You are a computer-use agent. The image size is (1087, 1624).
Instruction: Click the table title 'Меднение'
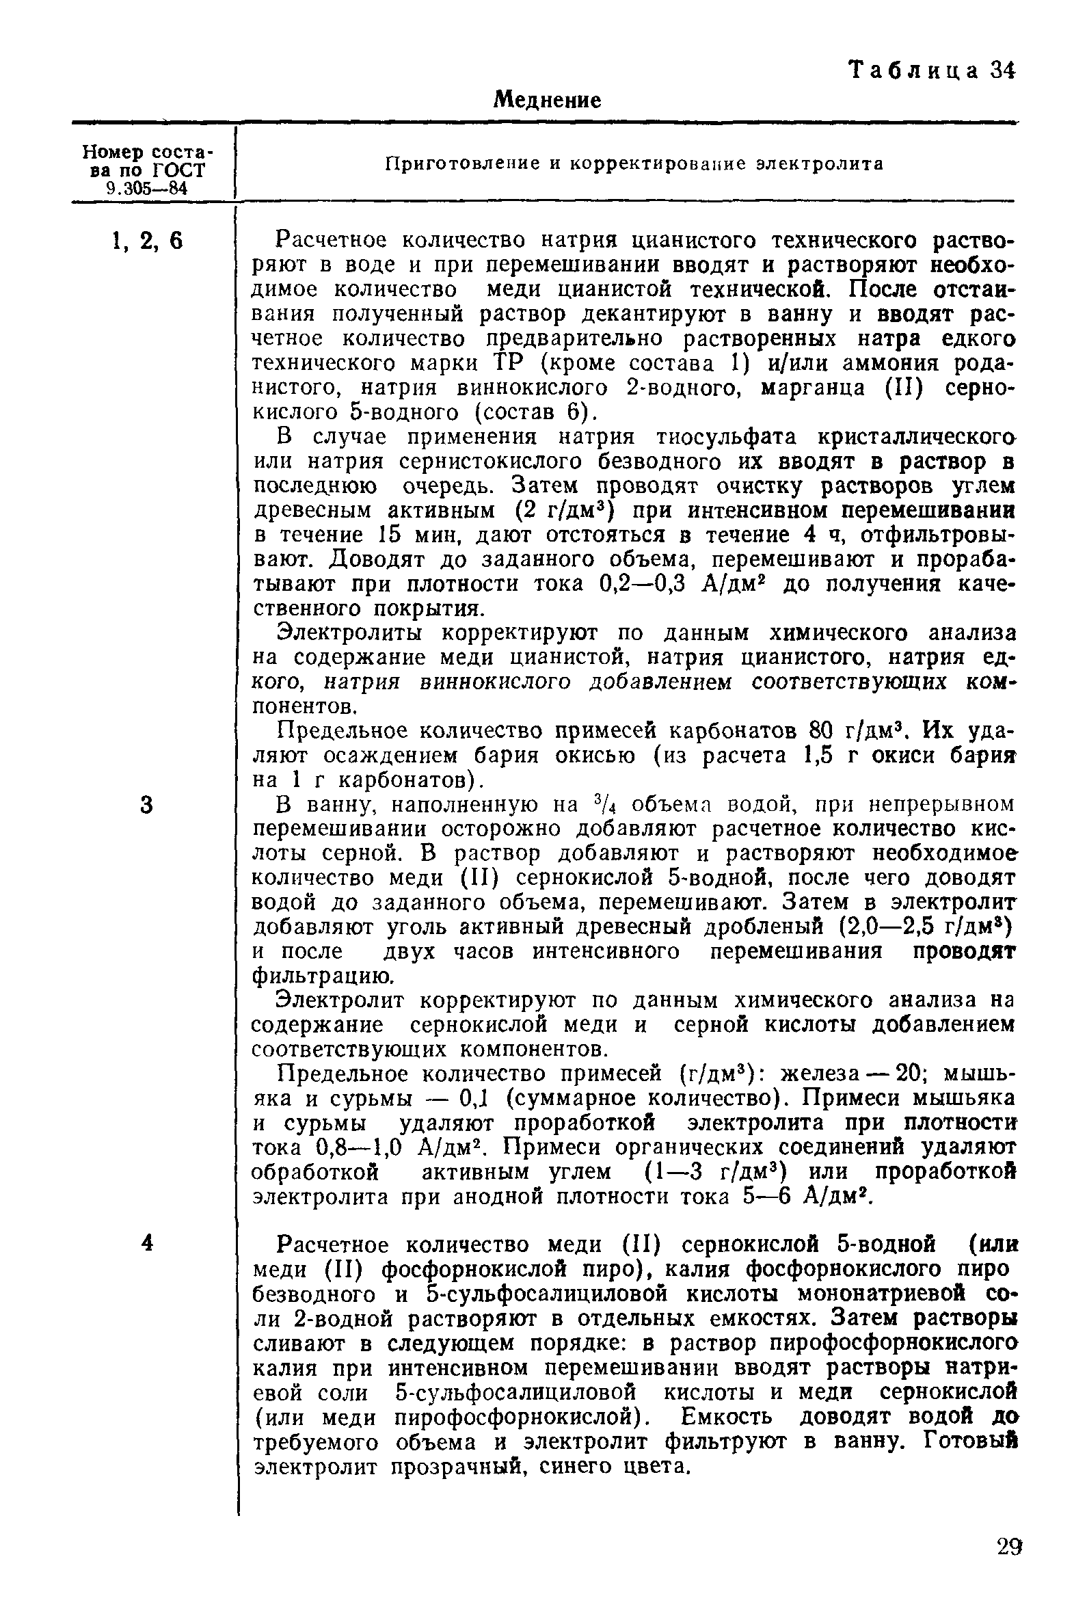(x=546, y=101)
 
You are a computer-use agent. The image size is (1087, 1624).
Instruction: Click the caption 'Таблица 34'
(x=932, y=70)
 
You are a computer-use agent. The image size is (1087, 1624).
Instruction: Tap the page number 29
(x=1009, y=1561)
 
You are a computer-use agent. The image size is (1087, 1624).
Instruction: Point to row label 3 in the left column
(x=146, y=806)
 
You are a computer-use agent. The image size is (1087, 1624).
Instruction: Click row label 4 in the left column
(x=146, y=1242)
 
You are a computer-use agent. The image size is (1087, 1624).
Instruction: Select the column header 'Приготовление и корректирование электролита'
(x=634, y=163)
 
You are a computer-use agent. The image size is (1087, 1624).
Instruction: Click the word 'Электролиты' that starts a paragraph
(x=349, y=633)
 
